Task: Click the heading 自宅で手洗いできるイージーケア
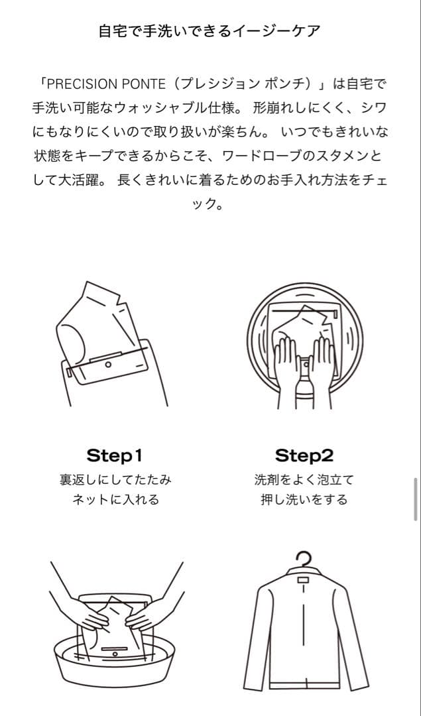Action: coord(210,31)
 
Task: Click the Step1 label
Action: coord(115,455)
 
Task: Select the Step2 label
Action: coord(304,455)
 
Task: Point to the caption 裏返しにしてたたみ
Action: coord(115,479)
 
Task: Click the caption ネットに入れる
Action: coord(115,500)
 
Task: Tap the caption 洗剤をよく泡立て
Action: coord(304,479)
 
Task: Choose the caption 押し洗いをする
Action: coord(304,500)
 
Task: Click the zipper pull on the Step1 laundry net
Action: coord(107,365)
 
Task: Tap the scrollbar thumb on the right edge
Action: coord(416,499)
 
